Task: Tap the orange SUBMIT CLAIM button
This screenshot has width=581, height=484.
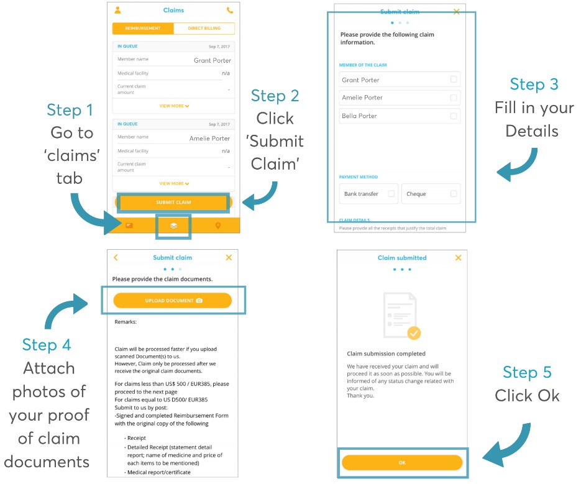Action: (x=173, y=203)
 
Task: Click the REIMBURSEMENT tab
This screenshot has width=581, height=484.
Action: (x=143, y=29)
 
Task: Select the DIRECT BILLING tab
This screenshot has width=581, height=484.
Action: (x=204, y=29)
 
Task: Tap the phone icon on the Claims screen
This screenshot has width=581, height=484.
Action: (x=230, y=11)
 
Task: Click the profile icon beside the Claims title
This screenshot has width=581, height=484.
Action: (x=118, y=11)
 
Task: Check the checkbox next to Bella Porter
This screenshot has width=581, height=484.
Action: (x=454, y=116)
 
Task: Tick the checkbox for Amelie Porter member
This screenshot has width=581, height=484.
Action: (x=454, y=98)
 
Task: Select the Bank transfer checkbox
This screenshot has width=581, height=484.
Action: (x=391, y=194)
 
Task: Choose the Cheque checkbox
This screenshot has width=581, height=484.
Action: (x=454, y=194)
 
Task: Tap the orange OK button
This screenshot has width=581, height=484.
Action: (x=402, y=463)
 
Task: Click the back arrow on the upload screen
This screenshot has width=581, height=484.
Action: (x=116, y=257)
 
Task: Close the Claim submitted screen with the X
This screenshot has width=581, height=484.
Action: (x=459, y=257)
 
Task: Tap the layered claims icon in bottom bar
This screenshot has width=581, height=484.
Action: (x=173, y=226)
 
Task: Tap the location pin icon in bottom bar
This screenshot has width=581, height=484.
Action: (x=218, y=226)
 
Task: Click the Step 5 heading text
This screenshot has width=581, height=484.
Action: (x=527, y=372)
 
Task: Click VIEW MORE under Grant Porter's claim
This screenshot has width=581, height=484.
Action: (x=174, y=106)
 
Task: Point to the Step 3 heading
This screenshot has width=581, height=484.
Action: (x=534, y=84)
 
